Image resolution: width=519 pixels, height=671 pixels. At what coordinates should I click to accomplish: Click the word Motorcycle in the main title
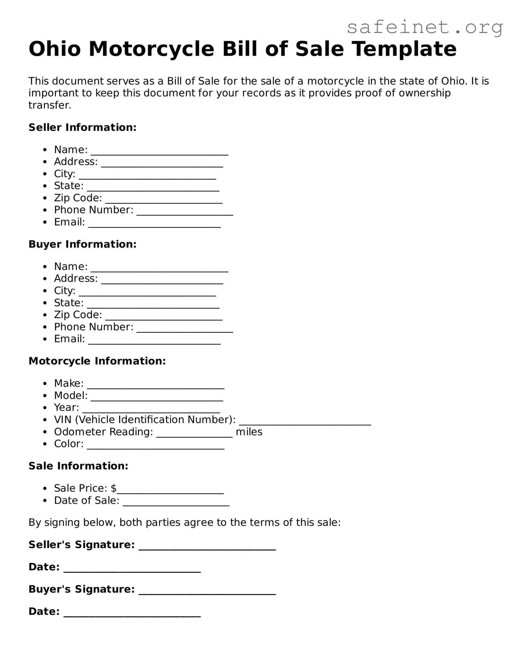152,49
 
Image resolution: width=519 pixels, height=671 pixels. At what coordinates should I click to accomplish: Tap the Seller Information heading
82,127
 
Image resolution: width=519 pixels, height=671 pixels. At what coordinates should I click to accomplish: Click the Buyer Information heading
82,244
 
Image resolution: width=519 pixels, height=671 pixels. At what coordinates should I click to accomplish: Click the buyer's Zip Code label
78,315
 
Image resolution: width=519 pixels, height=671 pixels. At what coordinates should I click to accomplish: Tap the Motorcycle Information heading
97,361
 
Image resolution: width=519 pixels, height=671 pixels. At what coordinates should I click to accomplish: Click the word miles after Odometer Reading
249,432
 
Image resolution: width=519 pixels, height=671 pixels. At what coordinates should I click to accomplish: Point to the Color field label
69,444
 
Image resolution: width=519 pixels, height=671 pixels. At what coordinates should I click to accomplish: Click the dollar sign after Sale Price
114,488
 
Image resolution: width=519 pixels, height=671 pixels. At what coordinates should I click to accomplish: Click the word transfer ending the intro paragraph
50,105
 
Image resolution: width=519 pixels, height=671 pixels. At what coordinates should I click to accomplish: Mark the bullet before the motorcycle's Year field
46,408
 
